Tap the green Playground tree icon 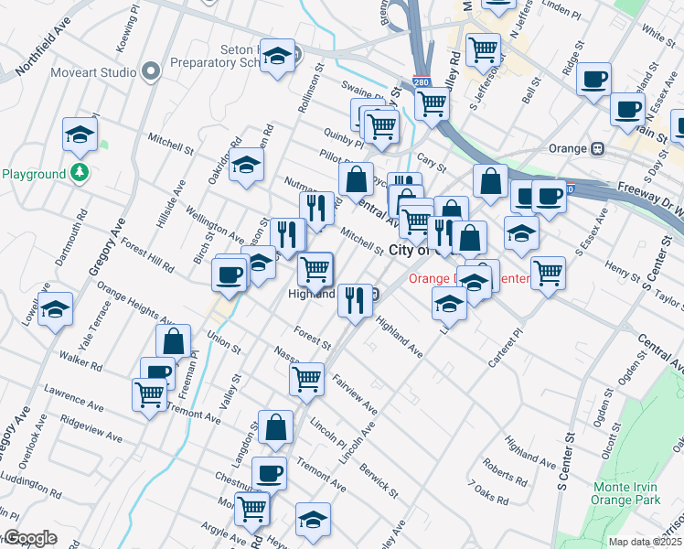[80, 172]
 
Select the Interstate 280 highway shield [421, 82]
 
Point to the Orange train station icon [598, 148]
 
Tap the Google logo [29, 538]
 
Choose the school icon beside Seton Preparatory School [277, 57]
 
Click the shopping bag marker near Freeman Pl [173, 341]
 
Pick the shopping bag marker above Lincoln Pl [275, 426]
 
